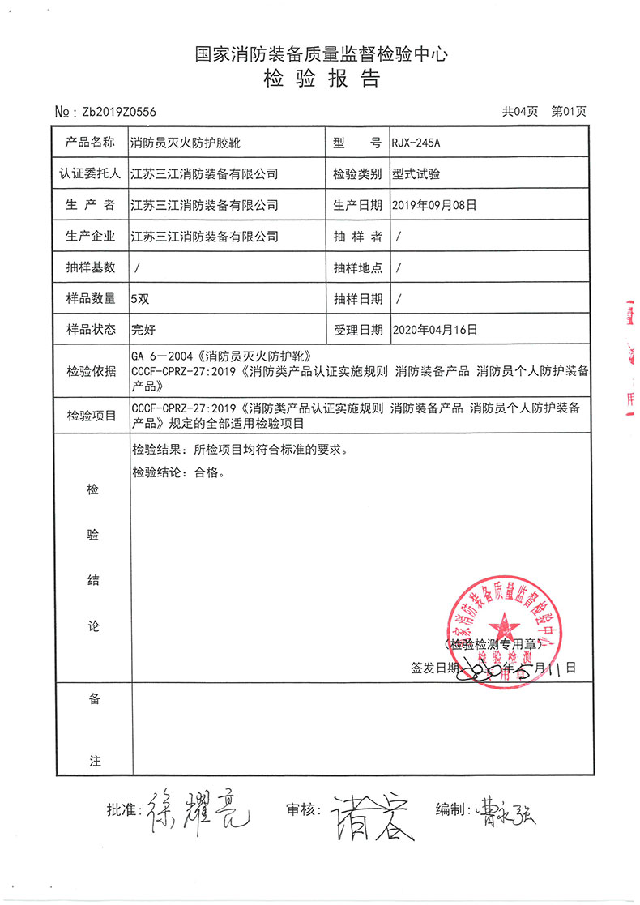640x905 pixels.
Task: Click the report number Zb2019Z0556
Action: coord(114,113)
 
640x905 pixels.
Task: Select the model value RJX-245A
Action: coord(416,143)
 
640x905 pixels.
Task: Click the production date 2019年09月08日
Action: coord(433,205)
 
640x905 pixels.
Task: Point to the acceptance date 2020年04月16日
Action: coord(433,330)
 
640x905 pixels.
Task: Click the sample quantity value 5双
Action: coord(140,298)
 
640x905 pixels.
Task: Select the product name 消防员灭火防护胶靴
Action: coord(185,143)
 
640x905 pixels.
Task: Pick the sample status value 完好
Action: coord(143,330)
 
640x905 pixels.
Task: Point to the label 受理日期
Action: coord(357,330)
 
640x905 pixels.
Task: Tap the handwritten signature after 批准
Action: coord(195,810)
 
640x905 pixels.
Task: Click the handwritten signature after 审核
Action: coord(365,814)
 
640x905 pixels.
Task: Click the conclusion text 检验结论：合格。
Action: coord(180,472)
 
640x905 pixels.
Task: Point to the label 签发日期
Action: coord(436,668)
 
